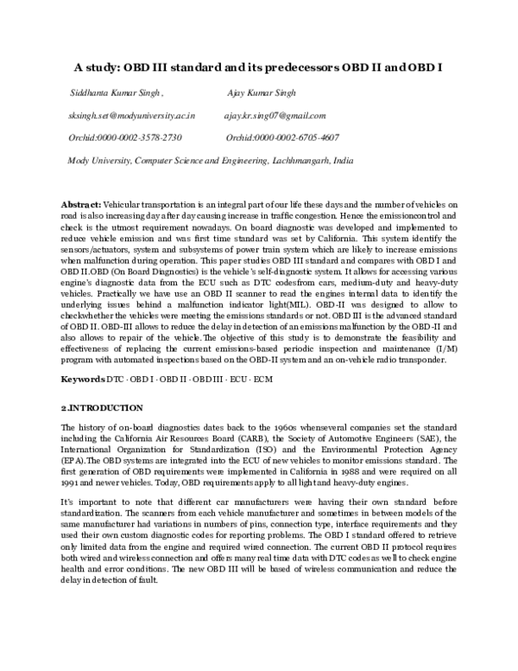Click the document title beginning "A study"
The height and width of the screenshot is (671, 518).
pyautogui.click(x=258, y=66)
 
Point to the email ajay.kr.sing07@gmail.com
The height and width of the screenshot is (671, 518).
pyautogui.click(x=274, y=115)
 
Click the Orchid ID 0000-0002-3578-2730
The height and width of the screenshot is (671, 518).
pyautogui.click(x=125, y=137)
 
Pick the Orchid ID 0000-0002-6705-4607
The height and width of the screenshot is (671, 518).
pyautogui.click(x=282, y=137)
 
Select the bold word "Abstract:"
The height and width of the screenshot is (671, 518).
pyautogui.click(x=82, y=201)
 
